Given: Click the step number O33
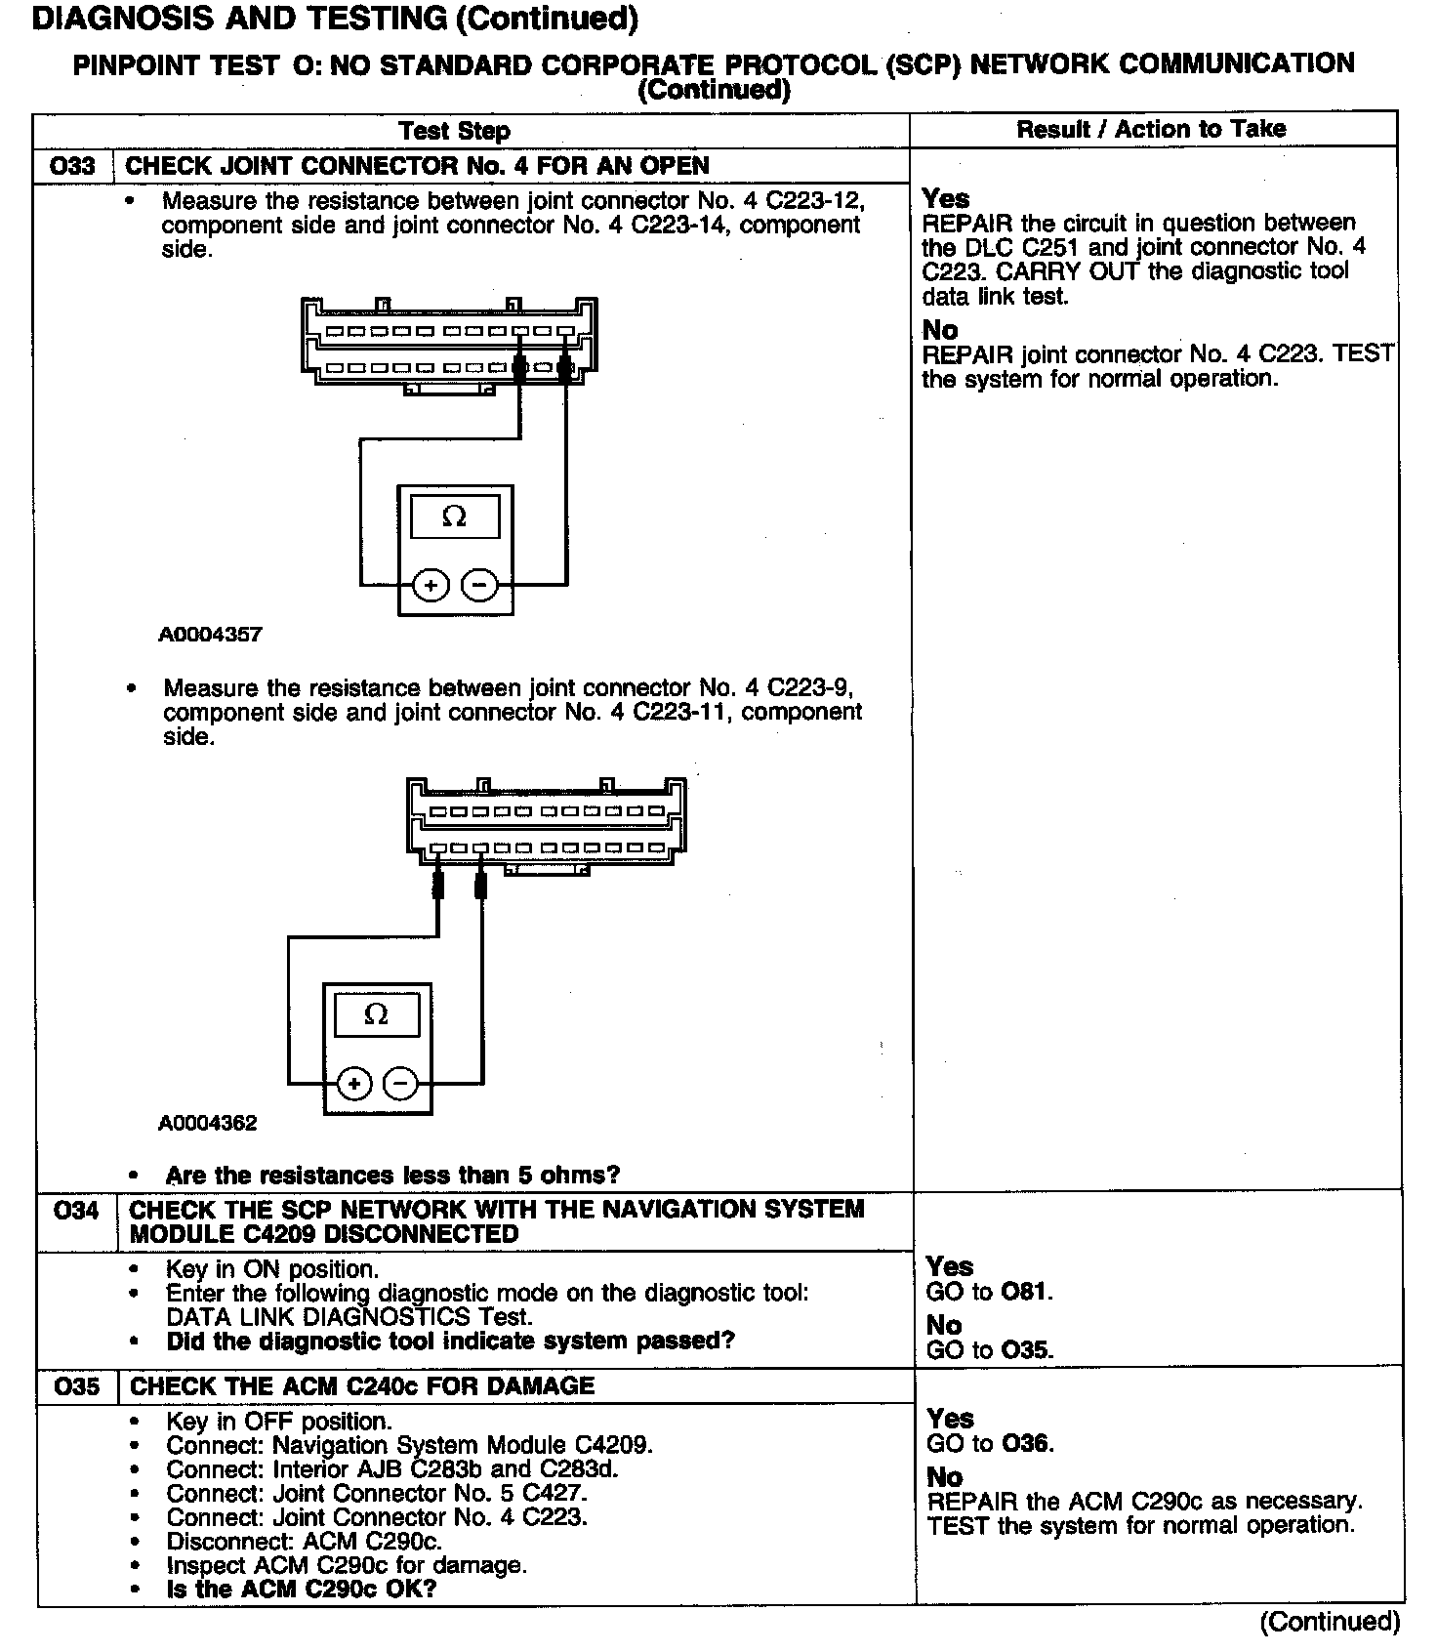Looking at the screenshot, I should (x=73, y=166).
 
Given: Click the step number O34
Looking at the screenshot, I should (x=76, y=1211).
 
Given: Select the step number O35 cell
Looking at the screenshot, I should (x=77, y=1386).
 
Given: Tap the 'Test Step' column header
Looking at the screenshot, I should (x=454, y=131).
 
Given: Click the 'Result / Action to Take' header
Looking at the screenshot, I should (x=1151, y=129).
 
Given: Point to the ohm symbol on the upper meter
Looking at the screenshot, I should (x=455, y=516).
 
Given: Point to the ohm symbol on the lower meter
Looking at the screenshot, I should (x=376, y=1014).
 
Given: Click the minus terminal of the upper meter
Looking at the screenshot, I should (x=478, y=586).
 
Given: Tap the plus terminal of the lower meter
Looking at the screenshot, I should (x=354, y=1084).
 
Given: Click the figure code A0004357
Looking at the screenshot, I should (x=210, y=635).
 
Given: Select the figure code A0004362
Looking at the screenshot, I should (x=208, y=1123).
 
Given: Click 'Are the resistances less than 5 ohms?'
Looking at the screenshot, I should (x=392, y=1175).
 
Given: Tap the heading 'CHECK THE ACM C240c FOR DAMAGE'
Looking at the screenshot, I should (x=362, y=1386).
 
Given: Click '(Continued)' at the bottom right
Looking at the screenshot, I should (x=1330, y=1622).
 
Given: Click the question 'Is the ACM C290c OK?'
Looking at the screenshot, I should (x=302, y=1589).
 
